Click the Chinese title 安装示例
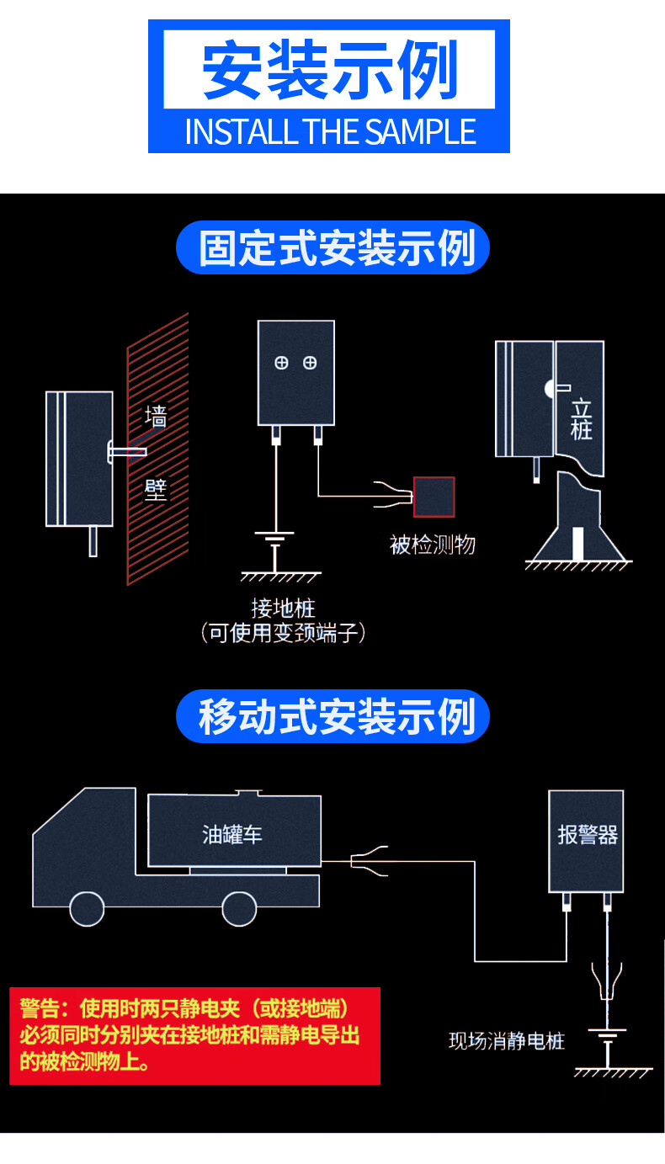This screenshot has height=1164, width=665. pos(329,70)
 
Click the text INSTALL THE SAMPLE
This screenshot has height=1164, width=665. pos(329,132)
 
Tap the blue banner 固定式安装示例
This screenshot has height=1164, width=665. pos(332,247)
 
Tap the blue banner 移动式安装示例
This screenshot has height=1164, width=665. pos(332,716)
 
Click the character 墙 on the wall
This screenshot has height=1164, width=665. pos(156,416)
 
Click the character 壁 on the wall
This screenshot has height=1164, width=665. pos(156,489)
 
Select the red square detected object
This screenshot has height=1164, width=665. pos(434,497)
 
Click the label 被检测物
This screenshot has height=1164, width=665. pos(432,545)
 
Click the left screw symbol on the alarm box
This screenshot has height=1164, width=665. pos(282,363)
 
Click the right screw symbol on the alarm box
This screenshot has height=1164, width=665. pos(310,363)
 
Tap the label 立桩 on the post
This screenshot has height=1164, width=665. pos(581,419)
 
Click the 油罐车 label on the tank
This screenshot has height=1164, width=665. pos(232,834)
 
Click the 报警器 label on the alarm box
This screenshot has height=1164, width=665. pos(587,834)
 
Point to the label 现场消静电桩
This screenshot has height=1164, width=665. pos(506,1041)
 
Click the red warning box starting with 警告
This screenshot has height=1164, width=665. pos(195,1035)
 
